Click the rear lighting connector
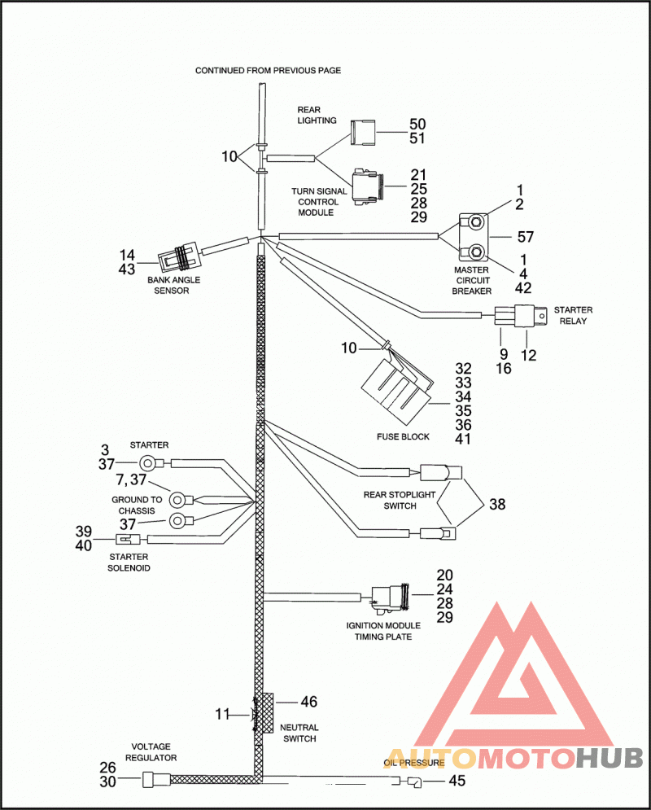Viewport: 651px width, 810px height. (x=363, y=132)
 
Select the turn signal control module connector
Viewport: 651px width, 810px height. (x=367, y=186)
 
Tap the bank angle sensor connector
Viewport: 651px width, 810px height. (x=179, y=256)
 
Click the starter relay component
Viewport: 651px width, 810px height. (x=520, y=315)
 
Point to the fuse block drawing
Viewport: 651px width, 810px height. (x=397, y=383)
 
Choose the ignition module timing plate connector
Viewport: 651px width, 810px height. (x=391, y=599)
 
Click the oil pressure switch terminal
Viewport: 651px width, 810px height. (x=414, y=782)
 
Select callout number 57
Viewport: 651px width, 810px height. (x=525, y=237)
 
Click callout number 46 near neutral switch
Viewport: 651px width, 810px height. (x=308, y=702)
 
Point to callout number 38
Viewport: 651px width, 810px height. (x=497, y=504)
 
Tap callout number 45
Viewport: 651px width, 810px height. (x=457, y=780)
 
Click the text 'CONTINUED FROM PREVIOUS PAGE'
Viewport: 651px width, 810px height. (x=268, y=70)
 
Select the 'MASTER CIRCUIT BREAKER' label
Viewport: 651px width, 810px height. (x=471, y=281)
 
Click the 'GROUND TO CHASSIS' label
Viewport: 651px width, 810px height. (x=137, y=506)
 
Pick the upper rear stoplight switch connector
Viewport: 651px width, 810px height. (x=441, y=473)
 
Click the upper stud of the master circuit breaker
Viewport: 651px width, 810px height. (x=477, y=222)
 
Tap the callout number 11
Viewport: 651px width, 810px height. (x=222, y=714)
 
